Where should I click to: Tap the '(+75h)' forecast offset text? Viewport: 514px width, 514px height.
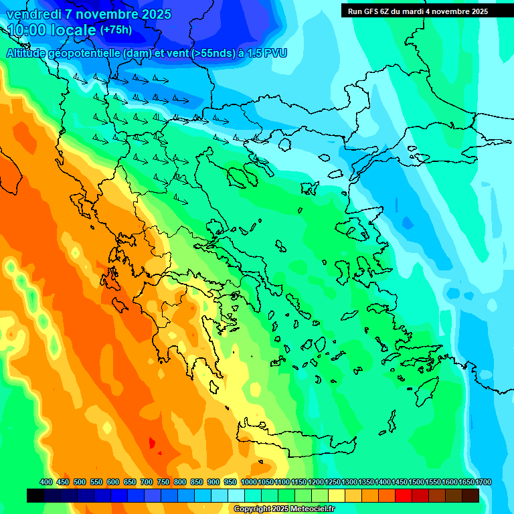click(116, 30)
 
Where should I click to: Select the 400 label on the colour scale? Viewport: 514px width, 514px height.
click(46, 482)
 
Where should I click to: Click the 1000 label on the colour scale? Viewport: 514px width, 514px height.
click(248, 482)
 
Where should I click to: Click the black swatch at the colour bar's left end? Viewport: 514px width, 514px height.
click(35, 495)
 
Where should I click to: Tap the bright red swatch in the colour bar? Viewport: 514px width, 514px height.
click(404, 495)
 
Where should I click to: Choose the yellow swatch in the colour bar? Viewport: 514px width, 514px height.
click(337, 495)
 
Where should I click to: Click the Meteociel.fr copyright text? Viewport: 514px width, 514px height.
click(284, 509)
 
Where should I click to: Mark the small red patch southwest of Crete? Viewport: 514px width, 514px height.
click(152, 443)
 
